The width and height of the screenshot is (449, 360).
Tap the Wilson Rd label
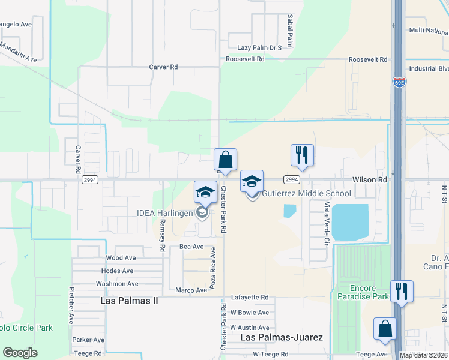(x=369, y=179)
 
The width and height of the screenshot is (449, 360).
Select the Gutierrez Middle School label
(x=306, y=193)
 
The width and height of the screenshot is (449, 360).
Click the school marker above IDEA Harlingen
(x=205, y=192)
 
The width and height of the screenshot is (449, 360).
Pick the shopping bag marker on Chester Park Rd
(x=226, y=160)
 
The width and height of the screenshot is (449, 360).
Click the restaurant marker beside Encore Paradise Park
(x=402, y=291)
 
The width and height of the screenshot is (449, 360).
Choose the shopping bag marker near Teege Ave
(x=385, y=329)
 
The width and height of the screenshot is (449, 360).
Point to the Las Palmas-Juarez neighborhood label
(x=282, y=338)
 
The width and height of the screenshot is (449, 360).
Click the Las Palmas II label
(x=128, y=299)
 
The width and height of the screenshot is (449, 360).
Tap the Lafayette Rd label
(x=250, y=298)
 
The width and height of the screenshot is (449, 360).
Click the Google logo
(x=20, y=353)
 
